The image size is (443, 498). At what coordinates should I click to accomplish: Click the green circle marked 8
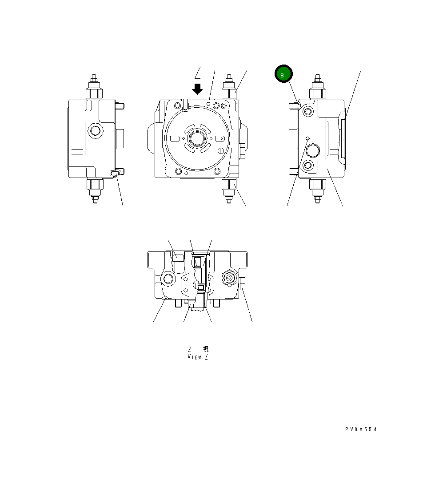283,74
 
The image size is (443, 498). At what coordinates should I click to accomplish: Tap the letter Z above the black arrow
198,72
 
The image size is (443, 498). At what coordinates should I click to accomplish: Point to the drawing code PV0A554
361,429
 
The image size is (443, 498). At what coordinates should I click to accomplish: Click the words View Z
198,357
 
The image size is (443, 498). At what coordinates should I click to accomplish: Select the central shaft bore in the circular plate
196,138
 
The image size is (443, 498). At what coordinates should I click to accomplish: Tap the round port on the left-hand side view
95,131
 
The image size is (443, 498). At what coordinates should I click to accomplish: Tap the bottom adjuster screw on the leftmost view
95,190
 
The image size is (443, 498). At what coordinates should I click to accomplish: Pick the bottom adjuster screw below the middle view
229,190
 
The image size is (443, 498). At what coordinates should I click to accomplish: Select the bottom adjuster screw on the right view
317,190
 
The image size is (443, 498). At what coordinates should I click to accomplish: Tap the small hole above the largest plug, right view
307,138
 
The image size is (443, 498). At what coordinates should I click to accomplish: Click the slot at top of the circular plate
185,104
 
